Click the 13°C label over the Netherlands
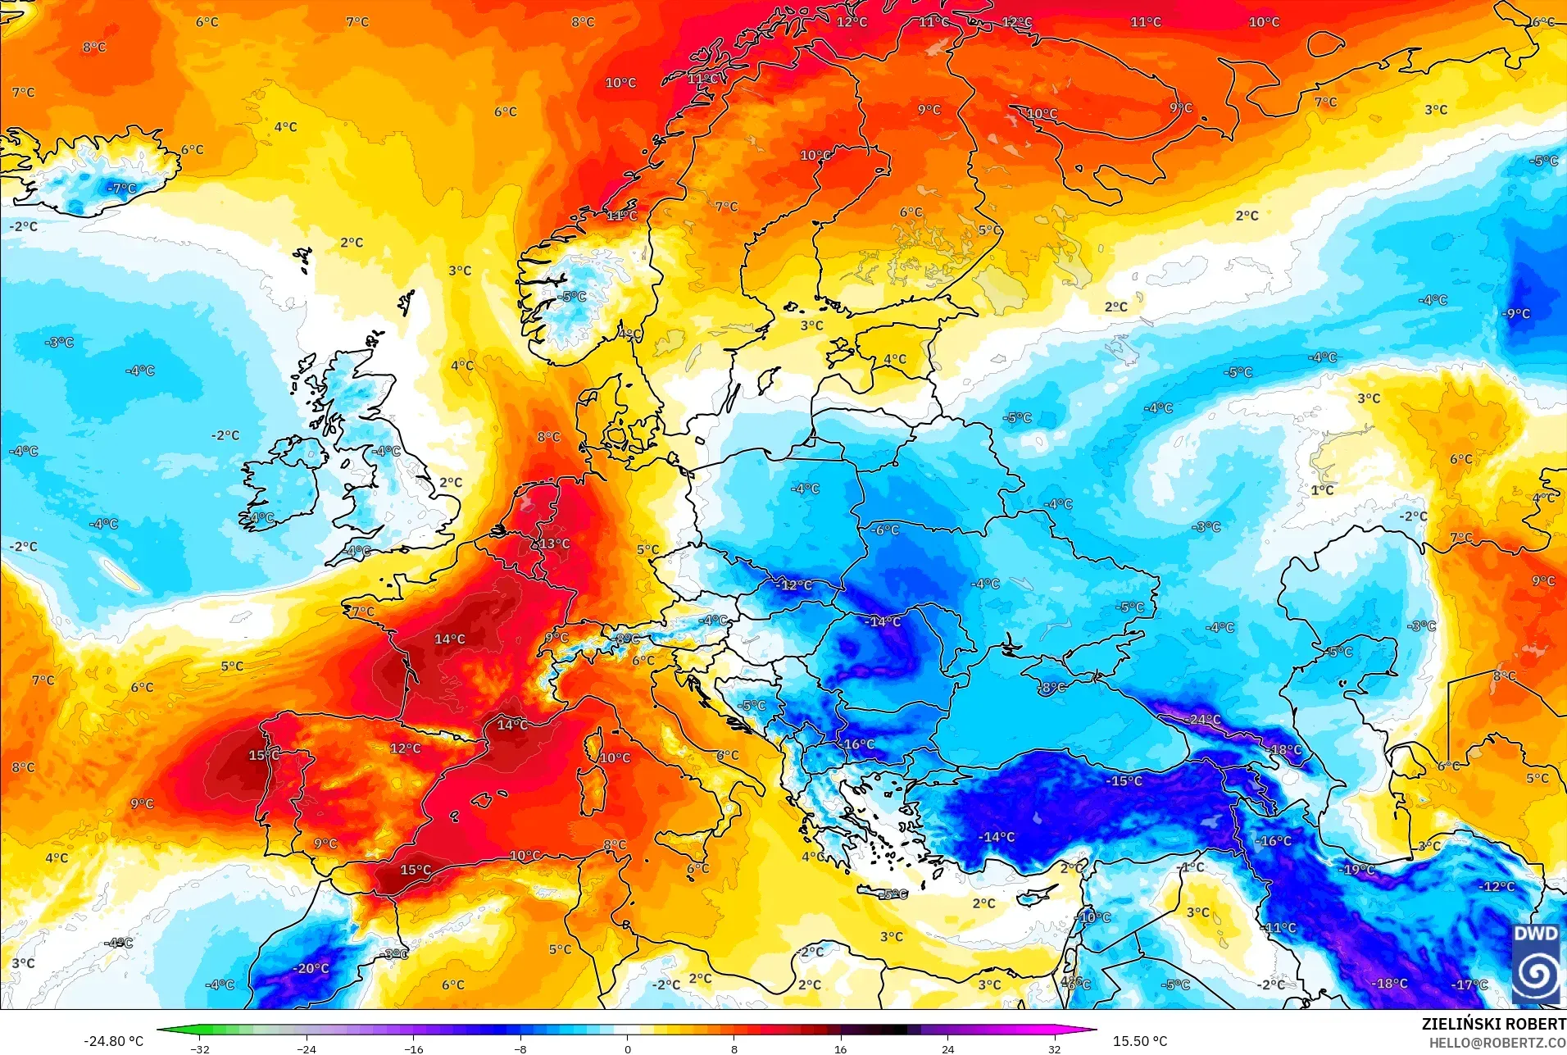point(554,543)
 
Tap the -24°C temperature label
point(1202,720)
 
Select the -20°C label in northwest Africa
point(311,968)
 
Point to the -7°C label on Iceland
point(121,189)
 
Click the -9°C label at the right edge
point(1515,313)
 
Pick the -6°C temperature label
point(884,530)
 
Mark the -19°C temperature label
point(1357,870)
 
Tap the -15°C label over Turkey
point(1124,781)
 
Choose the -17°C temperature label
point(1469,985)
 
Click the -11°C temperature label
point(1279,928)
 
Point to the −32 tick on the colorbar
point(200,1048)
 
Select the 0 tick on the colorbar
point(628,1048)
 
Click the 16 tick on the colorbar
point(840,1048)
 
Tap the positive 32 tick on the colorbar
point(1054,1048)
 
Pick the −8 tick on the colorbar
point(520,1048)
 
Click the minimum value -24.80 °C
point(113,1041)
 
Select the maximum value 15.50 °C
point(1139,1041)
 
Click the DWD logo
point(1536,964)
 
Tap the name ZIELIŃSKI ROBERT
point(1493,1024)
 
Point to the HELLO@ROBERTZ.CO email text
point(1497,1043)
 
